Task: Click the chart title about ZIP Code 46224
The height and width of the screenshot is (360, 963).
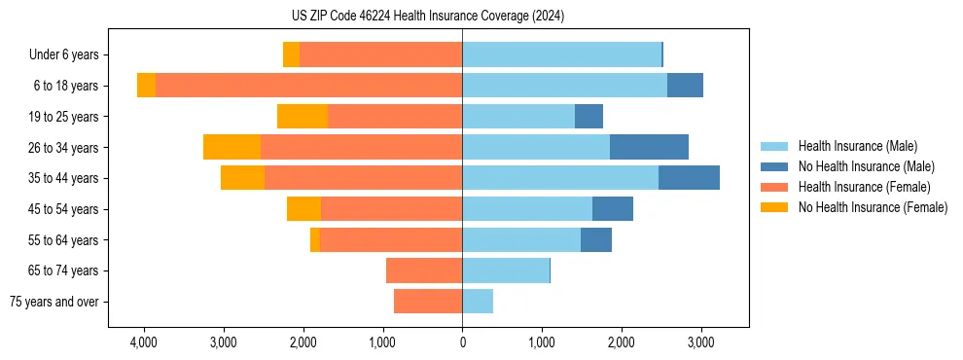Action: [x=427, y=17]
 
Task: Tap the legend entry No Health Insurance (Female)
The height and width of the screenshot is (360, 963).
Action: [x=873, y=207]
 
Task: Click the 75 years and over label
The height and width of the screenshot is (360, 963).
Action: [x=53, y=302]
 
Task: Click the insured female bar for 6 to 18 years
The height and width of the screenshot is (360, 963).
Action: [x=308, y=86]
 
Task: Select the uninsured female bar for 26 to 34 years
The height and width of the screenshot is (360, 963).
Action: [x=232, y=147]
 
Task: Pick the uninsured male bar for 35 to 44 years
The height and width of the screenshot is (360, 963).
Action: [x=689, y=178]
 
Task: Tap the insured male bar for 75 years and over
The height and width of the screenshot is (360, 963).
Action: [x=478, y=302]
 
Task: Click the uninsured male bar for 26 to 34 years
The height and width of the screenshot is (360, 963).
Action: [x=649, y=147]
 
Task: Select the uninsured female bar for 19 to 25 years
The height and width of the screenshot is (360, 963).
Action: [x=303, y=117]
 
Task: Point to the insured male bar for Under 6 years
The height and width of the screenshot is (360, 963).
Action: [x=561, y=55]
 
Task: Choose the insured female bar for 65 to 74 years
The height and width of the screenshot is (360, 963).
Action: [x=424, y=270]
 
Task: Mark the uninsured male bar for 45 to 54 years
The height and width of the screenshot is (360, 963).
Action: [x=613, y=209]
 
